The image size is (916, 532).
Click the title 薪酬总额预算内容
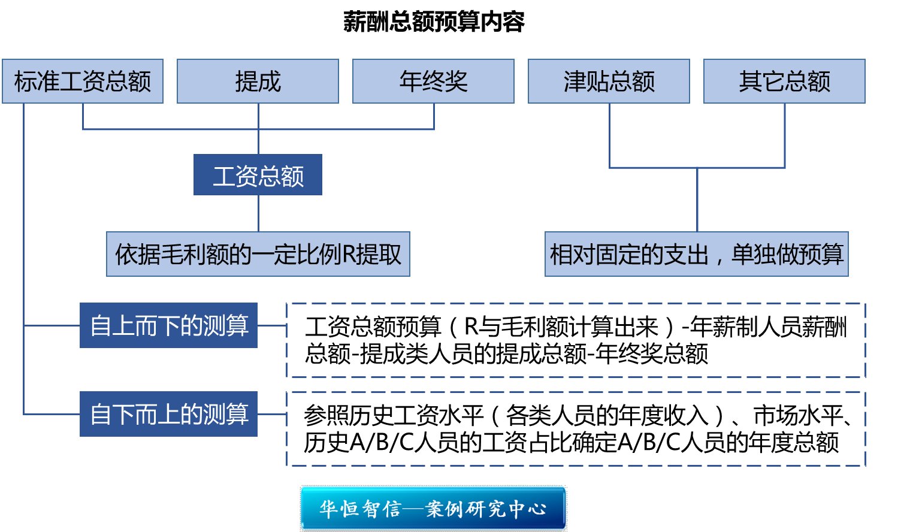pos(434,22)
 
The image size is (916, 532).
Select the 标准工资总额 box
pos(83,81)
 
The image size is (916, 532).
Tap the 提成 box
pos(258,81)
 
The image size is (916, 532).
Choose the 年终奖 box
pos(433,81)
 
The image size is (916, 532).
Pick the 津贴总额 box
pos(609,81)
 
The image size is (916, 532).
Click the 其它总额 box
pos(784,81)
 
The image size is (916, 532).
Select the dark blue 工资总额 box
pos(258,175)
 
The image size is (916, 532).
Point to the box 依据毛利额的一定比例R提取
pos(258,254)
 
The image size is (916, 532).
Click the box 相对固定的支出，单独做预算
pos(696,254)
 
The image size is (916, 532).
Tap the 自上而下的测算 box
pos(168,325)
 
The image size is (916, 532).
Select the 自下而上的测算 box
pos(168,414)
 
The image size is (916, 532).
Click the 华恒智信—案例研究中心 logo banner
pos(433,509)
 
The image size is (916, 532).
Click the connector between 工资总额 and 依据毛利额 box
pos(258,213)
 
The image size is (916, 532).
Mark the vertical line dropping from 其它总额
pos(785,135)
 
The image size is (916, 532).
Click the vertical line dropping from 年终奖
pos(434,116)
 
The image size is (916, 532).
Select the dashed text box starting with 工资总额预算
pos(576,340)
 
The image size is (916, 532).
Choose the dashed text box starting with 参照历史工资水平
pos(576,429)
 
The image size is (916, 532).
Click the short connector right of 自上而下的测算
pos(272,326)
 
